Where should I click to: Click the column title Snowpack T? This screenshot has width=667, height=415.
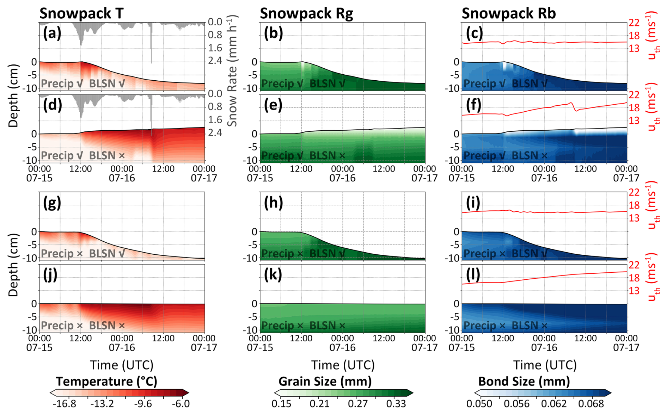click(81, 13)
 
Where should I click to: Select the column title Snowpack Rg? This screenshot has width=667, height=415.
click(306, 13)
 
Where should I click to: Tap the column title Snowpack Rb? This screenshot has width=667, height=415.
click(509, 13)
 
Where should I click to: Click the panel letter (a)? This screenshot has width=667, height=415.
click(52, 33)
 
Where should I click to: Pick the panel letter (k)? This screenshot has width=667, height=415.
click(273, 275)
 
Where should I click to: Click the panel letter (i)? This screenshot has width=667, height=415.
click(473, 203)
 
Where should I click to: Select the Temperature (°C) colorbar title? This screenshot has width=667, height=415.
click(106, 382)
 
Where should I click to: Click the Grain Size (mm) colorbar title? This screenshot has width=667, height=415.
click(325, 382)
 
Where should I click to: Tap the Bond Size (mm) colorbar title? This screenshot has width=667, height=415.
click(524, 382)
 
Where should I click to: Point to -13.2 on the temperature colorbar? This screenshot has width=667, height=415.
click(102, 404)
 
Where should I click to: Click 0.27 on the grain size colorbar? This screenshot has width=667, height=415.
click(358, 404)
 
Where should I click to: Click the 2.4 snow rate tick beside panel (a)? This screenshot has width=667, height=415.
click(215, 61)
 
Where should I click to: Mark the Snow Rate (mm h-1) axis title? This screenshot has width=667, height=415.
click(232, 70)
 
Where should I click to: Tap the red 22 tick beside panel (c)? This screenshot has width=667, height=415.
click(634, 23)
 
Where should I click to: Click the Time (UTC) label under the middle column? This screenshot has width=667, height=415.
click(343, 365)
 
